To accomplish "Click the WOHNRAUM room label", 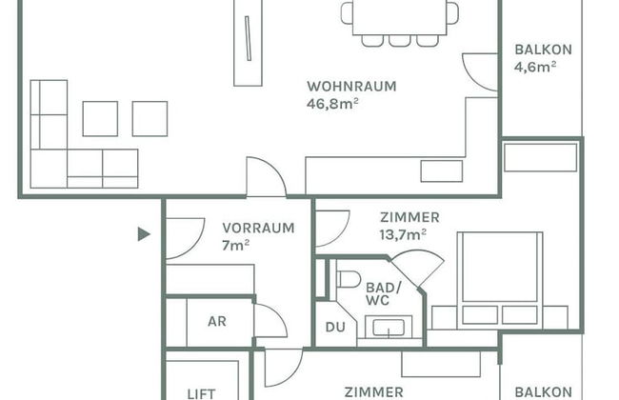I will [351, 86].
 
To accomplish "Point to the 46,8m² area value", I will [332, 103].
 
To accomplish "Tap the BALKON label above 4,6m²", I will [543, 50].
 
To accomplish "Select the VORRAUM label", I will [258, 228].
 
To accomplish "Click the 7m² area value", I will [235, 245].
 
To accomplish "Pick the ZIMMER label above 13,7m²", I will [409, 217].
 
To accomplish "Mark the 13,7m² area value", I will [403, 234].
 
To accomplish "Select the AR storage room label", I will [217, 321].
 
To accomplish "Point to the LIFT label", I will [201, 392].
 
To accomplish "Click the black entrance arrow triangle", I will [144, 233].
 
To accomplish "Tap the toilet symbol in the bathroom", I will [348, 279].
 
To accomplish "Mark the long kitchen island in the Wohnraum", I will [248, 43].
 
